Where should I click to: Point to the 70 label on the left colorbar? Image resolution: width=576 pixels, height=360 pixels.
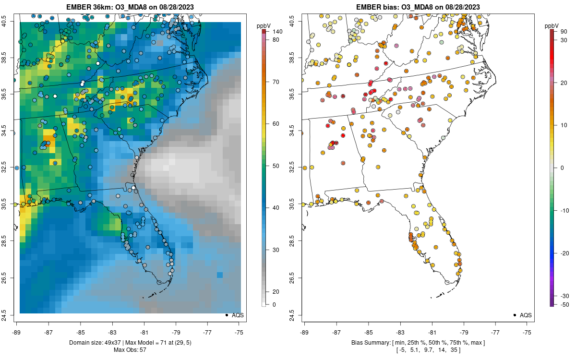pos(276,82)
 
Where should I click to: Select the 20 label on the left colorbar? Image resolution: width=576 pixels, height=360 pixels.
pos(276,291)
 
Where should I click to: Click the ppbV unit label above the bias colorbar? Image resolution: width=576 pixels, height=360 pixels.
pos(552,25)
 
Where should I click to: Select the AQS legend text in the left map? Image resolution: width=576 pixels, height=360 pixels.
pos(238,315)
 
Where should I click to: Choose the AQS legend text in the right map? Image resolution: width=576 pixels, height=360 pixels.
pos(526,315)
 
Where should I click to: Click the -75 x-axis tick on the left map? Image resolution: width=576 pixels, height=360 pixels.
pos(239,332)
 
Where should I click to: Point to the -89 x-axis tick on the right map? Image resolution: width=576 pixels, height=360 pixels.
pos(304,332)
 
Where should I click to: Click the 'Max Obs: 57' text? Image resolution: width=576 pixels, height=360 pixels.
pos(130,349)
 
